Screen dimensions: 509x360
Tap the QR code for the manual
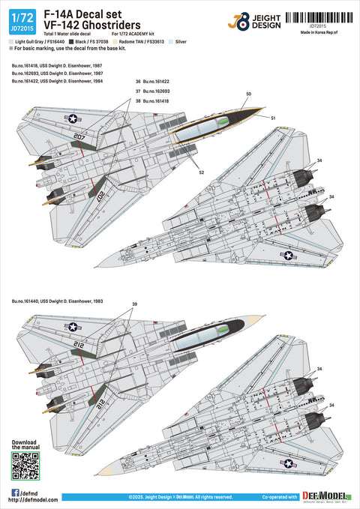(x=26, y=467)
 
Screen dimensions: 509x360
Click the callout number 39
(x=134, y=304)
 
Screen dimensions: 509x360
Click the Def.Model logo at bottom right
(x=324, y=496)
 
